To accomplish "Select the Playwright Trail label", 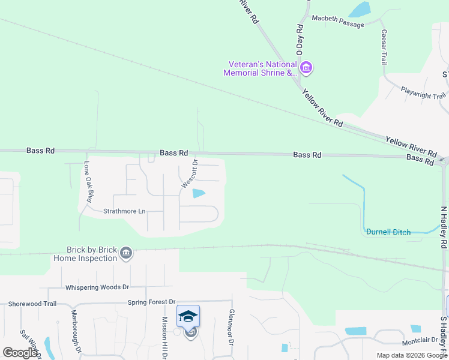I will pos(423,94).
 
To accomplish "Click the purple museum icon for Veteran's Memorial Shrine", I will pos(306,67).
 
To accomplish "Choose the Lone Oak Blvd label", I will pos(89,181).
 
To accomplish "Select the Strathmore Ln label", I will pos(124,211).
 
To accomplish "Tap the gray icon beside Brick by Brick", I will pos(125,253).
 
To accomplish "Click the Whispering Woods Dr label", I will pos(97,287).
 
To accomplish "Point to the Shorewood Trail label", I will pos(32,304).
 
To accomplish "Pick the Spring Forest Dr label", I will pos(151,302).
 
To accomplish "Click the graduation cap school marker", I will pos(188,316).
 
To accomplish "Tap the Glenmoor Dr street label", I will pos(231,326).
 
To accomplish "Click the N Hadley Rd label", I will pos(444,227).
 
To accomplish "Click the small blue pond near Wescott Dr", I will pos(197,193).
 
